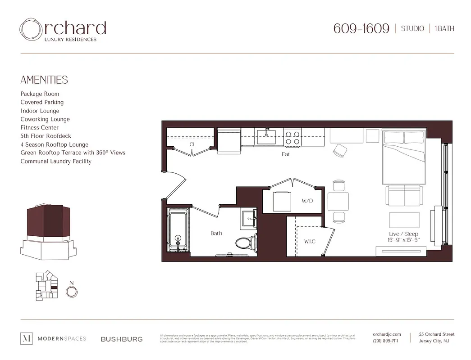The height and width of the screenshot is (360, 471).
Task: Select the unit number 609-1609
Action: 361,28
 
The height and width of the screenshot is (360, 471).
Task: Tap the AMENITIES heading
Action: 44,80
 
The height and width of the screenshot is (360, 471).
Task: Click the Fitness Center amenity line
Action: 40,127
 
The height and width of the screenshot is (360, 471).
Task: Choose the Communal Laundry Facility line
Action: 56,161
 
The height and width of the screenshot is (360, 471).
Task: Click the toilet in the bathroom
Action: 245,243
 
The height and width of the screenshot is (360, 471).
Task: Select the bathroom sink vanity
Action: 248,219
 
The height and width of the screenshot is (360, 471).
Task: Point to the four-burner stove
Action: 292,137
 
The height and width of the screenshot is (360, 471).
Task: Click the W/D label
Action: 307,201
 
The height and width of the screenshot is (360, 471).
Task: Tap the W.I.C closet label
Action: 310,242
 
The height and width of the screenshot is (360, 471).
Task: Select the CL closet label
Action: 192,144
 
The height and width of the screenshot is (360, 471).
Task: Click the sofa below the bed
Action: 404,195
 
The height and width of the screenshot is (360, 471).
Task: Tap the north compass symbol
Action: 71,292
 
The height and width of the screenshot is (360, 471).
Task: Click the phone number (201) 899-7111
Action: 385,341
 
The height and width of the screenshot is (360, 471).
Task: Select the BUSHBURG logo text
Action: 122,339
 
